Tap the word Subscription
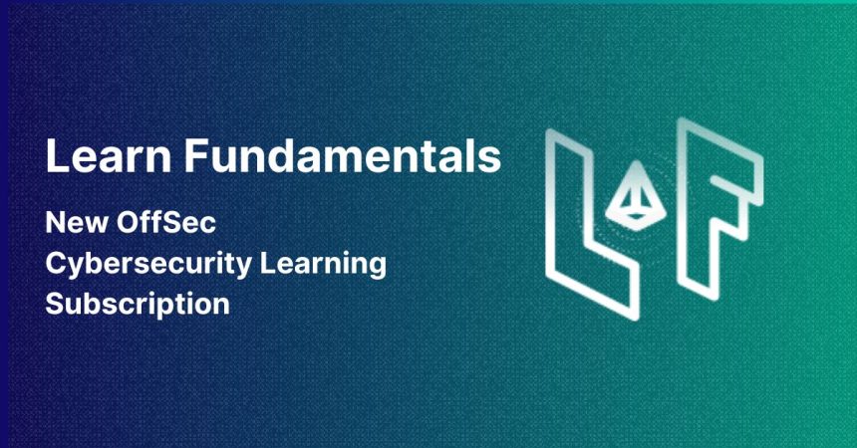[x=138, y=304]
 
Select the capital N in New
[x=56, y=224]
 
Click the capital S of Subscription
[x=55, y=304]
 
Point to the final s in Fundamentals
[x=489, y=160]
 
